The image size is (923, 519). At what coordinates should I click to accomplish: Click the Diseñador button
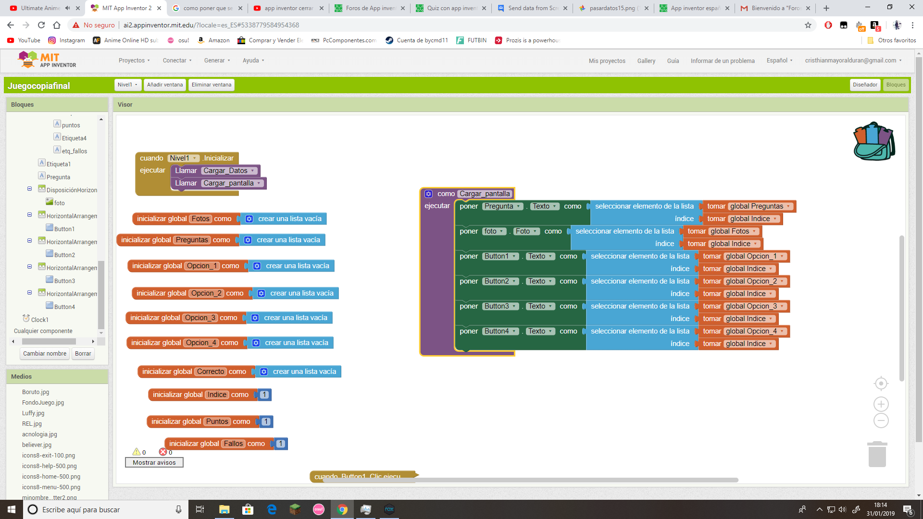[865, 85]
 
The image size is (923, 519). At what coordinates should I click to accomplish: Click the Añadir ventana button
[164, 85]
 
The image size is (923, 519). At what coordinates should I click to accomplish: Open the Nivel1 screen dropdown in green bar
[127, 85]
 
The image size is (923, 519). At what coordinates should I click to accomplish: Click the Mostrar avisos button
[154, 462]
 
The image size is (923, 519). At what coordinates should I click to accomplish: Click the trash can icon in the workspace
[877, 454]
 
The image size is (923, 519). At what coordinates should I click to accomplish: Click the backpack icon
[873, 141]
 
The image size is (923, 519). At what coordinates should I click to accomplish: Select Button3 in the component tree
[64, 281]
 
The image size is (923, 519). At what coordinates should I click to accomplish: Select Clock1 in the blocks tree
[39, 320]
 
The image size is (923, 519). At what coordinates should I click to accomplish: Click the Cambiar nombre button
[45, 353]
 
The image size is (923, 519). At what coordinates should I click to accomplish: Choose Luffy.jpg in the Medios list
[33, 413]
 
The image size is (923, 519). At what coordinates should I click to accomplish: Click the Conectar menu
[177, 61]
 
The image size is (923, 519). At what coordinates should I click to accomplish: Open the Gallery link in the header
[646, 61]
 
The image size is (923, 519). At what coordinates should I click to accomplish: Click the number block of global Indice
[264, 395]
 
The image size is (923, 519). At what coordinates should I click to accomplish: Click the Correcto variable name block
[211, 371]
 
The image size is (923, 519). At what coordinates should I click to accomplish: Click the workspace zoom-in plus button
[881, 404]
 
